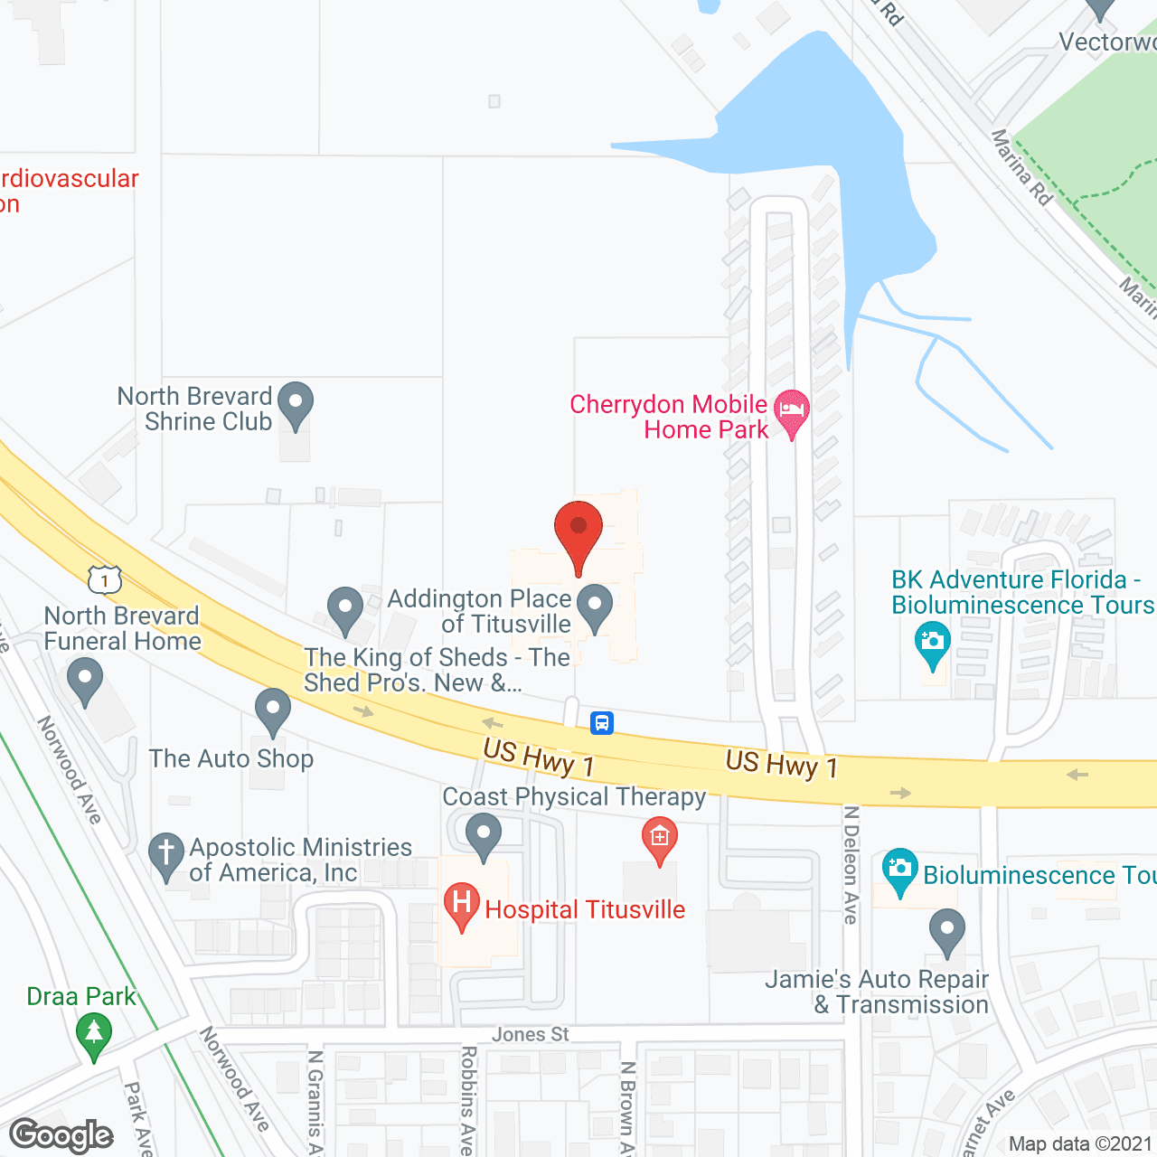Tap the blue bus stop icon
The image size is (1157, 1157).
(x=602, y=723)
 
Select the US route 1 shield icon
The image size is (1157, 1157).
(x=105, y=579)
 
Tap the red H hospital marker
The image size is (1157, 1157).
(x=462, y=905)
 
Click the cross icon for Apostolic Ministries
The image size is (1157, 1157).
(x=165, y=852)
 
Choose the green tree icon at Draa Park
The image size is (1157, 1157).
(x=94, y=1032)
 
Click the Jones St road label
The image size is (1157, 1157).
(x=531, y=1034)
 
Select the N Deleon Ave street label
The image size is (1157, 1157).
(x=851, y=864)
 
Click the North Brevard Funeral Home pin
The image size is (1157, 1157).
(x=85, y=680)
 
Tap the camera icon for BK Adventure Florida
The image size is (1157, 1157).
(x=932, y=643)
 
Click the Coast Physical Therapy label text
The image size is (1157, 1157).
(x=574, y=796)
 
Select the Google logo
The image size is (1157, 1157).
(x=61, y=1135)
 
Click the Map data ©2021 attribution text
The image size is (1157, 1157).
(x=1081, y=1144)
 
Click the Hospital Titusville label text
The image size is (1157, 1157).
(x=585, y=909)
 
